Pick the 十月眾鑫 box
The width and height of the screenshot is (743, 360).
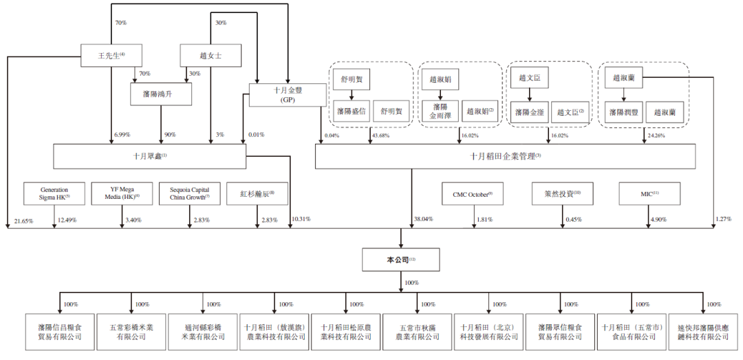pyautogui.click(x=150, y=156)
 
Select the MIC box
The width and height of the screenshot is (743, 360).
pyautogui.click(x=649, y=193)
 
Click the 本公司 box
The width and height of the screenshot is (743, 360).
pyautogui.click(x=398, y=259)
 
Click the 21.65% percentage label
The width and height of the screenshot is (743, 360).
pyautogui.click(x=24, y=220)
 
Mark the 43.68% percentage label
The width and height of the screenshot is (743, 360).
pyautogui.click(x=380, y=136)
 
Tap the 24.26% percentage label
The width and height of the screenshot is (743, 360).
pyautogui.click(x=656, y=136)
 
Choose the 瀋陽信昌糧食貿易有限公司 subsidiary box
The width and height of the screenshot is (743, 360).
pyautogui.click(x=60, y=332)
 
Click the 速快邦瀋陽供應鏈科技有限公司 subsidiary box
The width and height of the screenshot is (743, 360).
pyautogui.click(x=703, y=332)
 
